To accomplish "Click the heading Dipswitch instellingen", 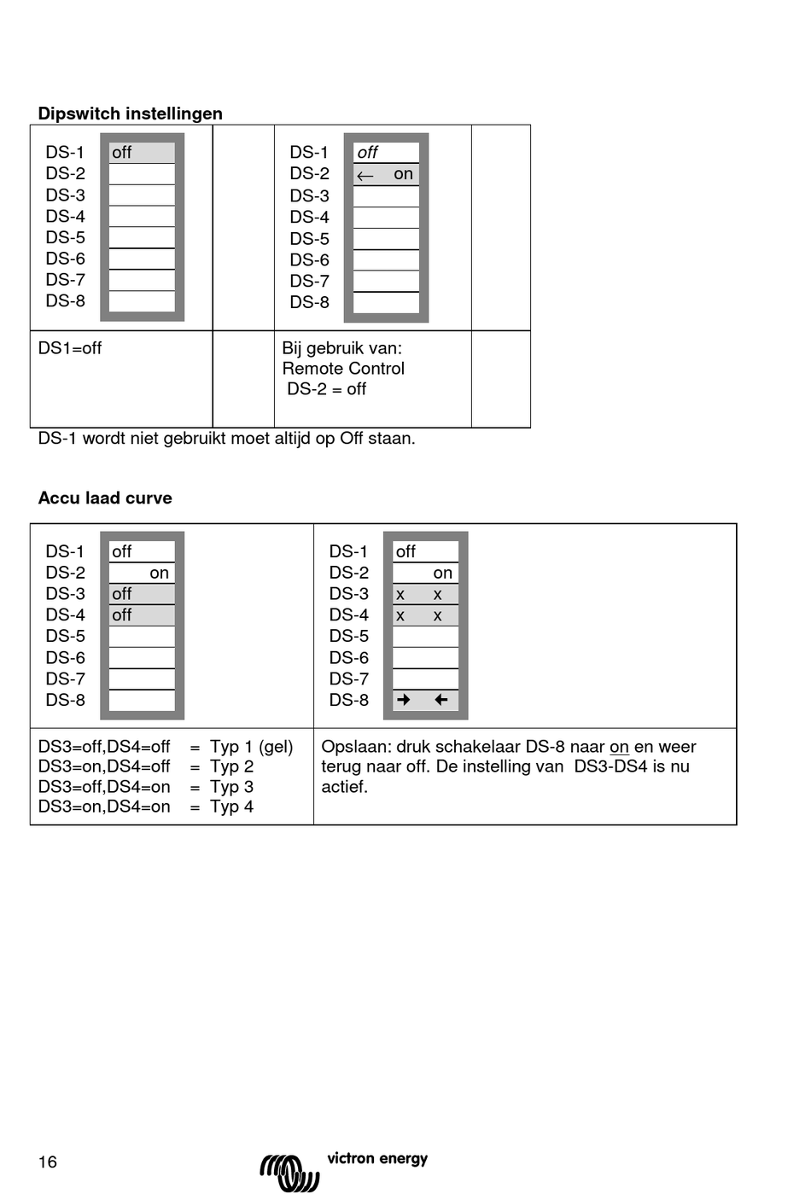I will [130, 114].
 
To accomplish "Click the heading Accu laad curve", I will [105, 498].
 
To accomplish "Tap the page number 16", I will [48, 1162].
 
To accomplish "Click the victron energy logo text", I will [377, 1158].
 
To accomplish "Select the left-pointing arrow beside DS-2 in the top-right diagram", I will [365, 176].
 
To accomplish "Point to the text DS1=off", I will [70, 348].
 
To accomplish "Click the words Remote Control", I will [343, 369].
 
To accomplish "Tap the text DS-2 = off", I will [326, 389].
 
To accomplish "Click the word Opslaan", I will [355, 747].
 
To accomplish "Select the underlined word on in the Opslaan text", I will [619, 747].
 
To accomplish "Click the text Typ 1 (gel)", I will [252, 747].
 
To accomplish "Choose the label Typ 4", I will [231, 807].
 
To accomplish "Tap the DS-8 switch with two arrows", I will [425, 700].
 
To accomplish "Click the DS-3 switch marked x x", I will [425, 594].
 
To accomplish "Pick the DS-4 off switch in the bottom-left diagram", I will [142, 615].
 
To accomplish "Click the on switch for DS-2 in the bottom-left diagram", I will [142, 573].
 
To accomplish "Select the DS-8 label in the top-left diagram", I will [66, 301].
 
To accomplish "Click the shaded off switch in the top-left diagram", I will [142, 153].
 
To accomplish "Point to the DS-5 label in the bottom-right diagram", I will [349, 636].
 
